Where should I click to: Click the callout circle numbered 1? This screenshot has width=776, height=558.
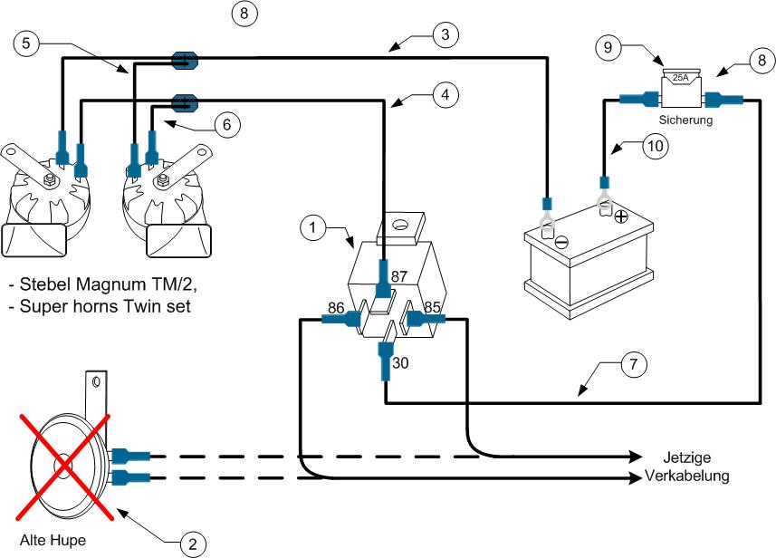coord(312,227)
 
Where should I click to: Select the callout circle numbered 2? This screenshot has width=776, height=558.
coord(193,544)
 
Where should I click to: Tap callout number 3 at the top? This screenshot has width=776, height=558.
coord(445,34)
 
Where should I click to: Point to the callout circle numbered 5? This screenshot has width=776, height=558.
coord(25,43)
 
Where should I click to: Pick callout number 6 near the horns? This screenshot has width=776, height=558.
coord(226,124)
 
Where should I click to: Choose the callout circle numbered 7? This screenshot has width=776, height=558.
coord(634,364)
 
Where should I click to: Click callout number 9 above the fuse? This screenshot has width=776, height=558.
coord(608,47)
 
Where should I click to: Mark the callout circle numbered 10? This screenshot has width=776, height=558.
coord(656,146)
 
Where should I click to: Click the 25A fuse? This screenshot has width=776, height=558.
coord(682,88)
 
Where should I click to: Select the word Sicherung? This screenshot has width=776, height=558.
coord(686,120)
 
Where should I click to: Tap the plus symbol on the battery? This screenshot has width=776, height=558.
coord(621,216)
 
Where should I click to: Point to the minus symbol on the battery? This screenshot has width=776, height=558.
coord(561,242)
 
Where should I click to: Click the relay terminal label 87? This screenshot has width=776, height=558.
coord(399,276)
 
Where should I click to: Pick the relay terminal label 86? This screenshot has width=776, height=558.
coord(336,308)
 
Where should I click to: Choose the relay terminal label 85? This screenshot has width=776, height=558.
coord(432,307)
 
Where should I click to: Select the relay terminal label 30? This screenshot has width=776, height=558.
coord(400,363)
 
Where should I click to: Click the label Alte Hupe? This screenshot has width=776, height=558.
coord(53,541)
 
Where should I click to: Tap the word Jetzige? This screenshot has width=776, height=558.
coord(687,457)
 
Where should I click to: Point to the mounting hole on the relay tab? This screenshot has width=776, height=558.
coord(399,226)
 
